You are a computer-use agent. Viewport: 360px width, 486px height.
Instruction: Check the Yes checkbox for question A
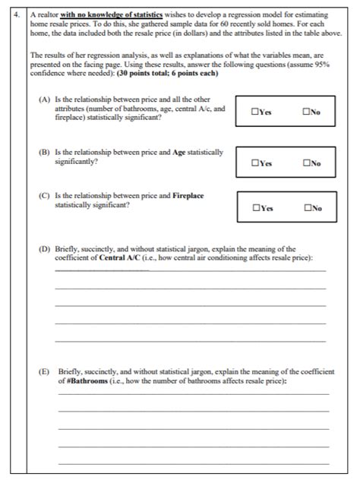coord(254,112)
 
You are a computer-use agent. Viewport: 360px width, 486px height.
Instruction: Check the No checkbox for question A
coord(305,112)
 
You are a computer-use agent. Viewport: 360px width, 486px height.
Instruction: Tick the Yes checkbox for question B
coord(254,162)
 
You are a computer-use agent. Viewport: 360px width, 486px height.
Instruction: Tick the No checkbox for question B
coord(305,162)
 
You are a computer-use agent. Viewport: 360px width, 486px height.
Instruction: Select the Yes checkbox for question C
coord(254,207)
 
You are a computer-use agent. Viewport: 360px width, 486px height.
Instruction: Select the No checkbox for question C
coord(305,207)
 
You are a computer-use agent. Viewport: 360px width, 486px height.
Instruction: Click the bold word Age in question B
coord(179,152)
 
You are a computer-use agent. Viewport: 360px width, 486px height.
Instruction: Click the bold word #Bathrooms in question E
coord(87,380)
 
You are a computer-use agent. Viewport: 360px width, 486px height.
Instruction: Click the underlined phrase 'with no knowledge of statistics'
coord(106,14)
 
